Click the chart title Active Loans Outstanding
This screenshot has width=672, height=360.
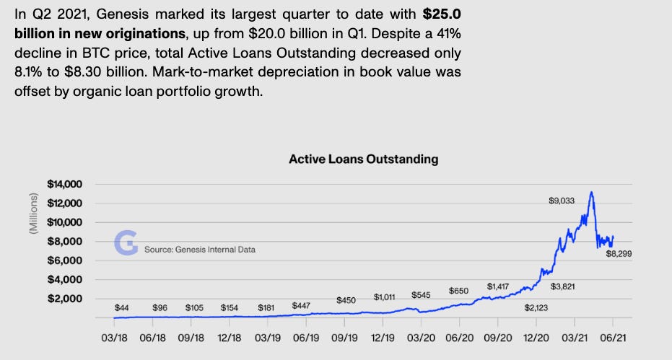point(363,159)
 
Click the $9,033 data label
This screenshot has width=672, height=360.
point(561,201)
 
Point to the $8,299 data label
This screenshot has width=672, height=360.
point(619,254)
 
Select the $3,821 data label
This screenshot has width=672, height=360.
point(563,286)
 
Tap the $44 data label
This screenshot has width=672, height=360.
point(121,308)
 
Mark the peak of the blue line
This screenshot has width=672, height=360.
point(591,193)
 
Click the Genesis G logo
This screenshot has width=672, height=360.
point(126,244)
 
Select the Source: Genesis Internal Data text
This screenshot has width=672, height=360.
point(200,250)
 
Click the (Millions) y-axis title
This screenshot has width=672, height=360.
point(32,214)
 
